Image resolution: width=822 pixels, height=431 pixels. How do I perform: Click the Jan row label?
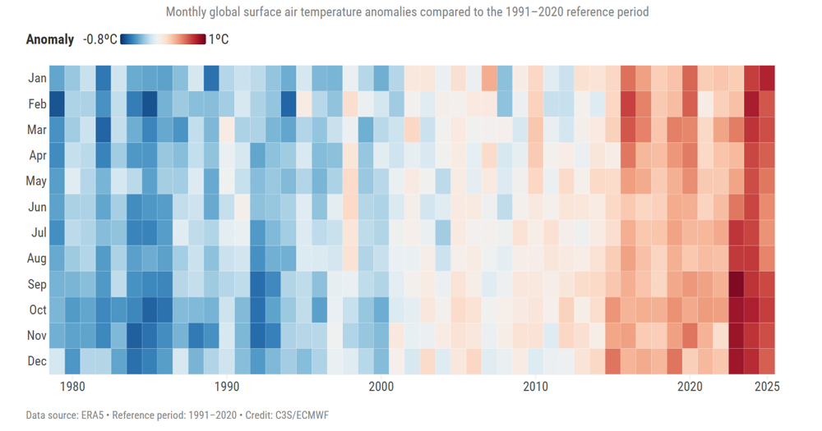click(x=37, y=78)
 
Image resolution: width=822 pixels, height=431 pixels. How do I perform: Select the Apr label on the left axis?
click(x=38, y=155)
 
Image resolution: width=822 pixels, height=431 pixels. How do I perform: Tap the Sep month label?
click(x=37, y=284)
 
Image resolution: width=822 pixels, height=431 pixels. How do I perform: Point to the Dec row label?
click(x=37, y=361)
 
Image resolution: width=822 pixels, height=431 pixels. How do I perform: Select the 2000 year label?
click(x=381, y=387)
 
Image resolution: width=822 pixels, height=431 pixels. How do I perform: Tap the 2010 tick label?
click(x=535, y=387)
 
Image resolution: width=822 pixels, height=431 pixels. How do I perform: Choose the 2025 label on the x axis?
click(x=766, y=387)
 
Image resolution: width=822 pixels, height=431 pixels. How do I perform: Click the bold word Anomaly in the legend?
click(x=50, y=39)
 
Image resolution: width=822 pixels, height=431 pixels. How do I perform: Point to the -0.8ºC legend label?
click(x=99, y=39)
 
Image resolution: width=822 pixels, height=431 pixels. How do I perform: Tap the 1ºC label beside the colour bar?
click(x=219, y=39)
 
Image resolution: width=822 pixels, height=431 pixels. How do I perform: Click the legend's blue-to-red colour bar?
click(x=163, y=39)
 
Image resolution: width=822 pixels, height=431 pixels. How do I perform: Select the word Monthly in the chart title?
click(x=187, y=12)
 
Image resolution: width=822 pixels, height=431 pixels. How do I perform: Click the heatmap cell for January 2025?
click(x=767, y=78)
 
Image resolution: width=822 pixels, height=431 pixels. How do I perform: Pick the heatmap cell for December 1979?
click(x=57, y=361)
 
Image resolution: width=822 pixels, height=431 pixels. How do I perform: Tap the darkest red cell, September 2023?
click(x=736, y=284)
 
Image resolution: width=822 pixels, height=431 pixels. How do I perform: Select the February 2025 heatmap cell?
click(x=767, y=103)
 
